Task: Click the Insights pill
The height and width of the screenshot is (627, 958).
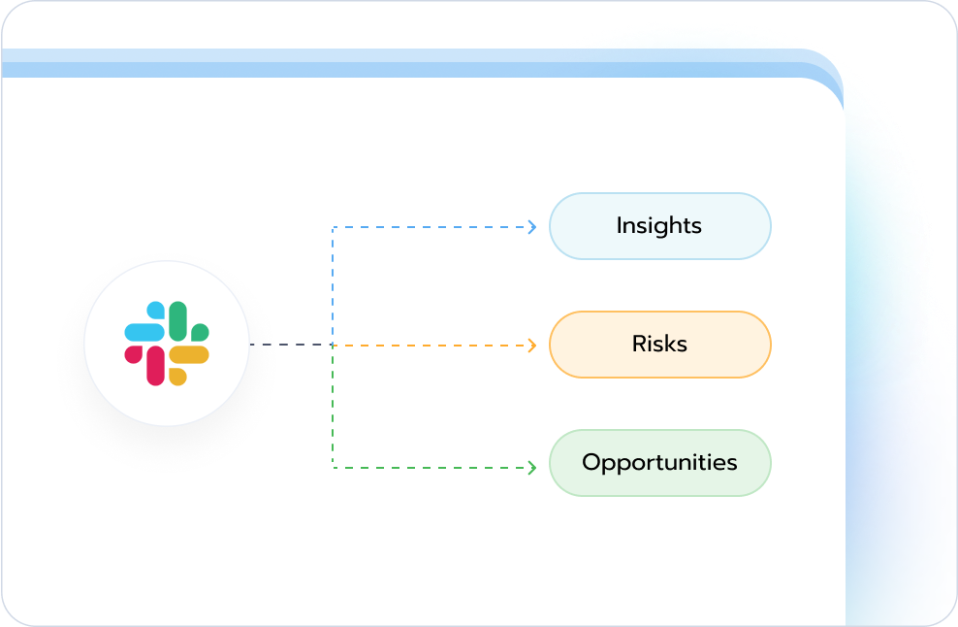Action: (660, 226)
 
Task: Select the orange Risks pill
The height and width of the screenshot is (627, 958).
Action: (660, 345)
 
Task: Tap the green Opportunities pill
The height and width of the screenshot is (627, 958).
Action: (660, 463)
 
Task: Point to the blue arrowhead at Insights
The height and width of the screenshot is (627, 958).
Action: (532, 227)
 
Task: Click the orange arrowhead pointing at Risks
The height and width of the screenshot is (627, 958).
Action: (532, 346)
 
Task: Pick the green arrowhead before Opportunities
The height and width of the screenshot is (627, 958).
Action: (532, 468)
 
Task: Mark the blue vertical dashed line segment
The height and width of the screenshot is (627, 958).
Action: (333, 285)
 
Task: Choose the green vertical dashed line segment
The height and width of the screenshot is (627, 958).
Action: (333, 407)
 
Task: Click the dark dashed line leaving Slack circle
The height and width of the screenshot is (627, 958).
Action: (291, 345)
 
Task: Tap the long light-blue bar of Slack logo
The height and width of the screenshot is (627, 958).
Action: (144, 332)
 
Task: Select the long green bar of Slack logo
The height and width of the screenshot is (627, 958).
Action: (177, 321)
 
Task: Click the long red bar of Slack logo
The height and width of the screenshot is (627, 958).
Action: (155, 366)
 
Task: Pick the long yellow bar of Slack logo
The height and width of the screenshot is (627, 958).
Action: (189, 355)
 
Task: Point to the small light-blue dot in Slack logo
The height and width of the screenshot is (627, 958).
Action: (156, 311)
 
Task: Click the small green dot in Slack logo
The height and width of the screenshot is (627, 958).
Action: (200, 332)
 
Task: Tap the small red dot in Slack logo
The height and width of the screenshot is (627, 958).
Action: (133, 355)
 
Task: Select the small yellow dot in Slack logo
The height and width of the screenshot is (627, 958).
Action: (177, 377)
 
